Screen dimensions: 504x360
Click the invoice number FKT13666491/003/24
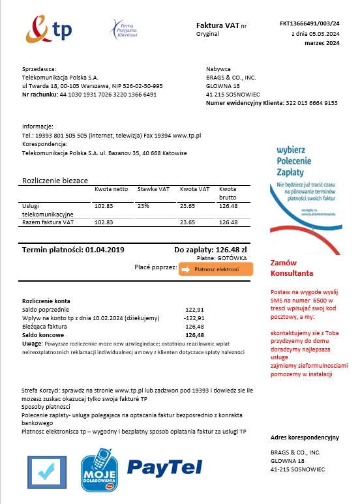coord(309,23)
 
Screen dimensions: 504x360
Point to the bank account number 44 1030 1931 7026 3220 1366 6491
coord(108,95)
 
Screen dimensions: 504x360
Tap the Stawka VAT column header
coord(153,189)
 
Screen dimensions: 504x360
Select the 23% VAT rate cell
coord(143,206)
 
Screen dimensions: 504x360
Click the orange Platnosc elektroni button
coord(215,269)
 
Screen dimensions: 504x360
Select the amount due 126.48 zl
coord(226,250)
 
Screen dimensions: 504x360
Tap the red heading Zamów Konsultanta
coord(292,268)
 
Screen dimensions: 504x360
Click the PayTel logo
coord(164,466)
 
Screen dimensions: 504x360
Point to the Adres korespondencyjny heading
coord(305,436)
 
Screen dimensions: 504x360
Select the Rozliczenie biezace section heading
coord(55,180)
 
